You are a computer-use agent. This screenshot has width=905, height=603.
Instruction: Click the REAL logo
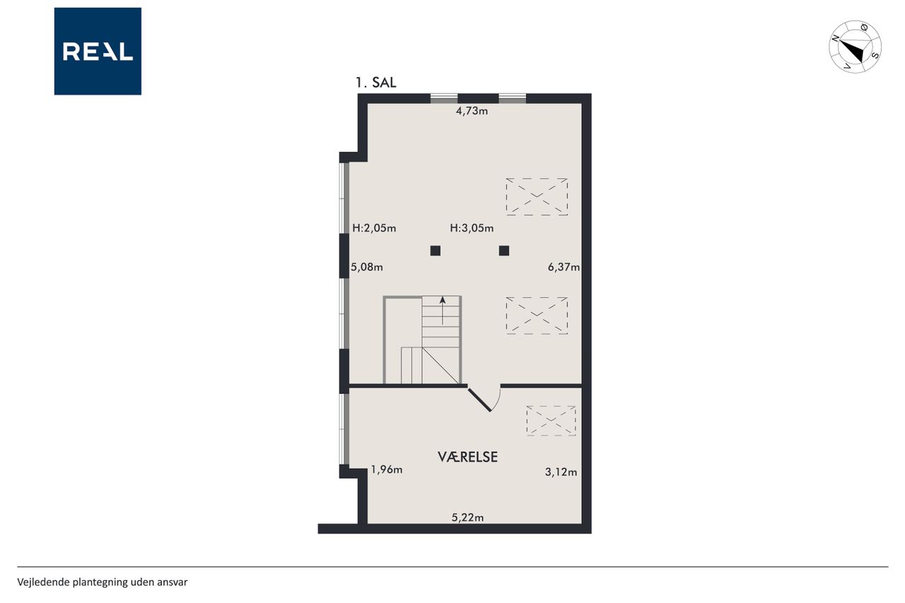point(98,52)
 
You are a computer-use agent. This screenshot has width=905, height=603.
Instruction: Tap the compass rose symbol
point(855,47)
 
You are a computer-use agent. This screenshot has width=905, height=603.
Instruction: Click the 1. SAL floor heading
point(375,83)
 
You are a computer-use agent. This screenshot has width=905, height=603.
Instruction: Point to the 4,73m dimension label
point(472,111)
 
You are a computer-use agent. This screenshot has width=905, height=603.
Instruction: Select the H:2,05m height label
point(374,228)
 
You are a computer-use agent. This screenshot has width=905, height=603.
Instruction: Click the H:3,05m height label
point(472,228)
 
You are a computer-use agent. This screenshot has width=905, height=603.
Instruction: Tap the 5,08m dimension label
point(367,267)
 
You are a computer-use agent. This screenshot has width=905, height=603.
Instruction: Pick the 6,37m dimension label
point(564,267)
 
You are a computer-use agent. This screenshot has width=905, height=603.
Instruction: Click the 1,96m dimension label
point(387,469)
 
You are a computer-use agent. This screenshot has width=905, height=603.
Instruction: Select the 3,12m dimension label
point(561,472)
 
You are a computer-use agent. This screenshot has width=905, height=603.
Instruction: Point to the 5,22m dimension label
point(467,517)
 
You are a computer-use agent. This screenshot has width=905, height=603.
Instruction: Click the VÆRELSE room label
point(468,457)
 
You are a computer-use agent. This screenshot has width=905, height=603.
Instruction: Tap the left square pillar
point(435,251)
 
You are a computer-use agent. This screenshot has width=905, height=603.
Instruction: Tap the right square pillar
point(504,251)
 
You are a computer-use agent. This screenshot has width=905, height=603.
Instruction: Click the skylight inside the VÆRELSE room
point(551,421)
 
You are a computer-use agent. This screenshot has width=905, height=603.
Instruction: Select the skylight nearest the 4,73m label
point(537,197)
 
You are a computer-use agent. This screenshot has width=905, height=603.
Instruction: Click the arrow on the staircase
point(443,310)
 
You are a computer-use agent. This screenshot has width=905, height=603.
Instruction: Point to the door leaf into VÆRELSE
point(479,400)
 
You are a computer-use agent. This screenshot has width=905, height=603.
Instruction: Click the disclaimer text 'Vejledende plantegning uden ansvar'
point(103,582)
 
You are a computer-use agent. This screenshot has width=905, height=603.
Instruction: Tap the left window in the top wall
point(443,98)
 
